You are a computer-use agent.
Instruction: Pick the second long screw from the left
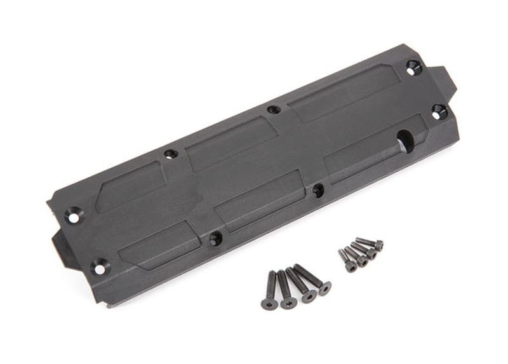[x=285, y=290]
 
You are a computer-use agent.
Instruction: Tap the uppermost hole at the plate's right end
[x=413, y=67]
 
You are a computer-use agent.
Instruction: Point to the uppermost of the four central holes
[x=274, y=109]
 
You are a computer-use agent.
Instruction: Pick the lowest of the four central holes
[x=216, y=239]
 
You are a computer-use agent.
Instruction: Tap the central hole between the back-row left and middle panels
[x=170, y=154]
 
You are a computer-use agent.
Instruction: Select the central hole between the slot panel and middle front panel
[x=318, y=189]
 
